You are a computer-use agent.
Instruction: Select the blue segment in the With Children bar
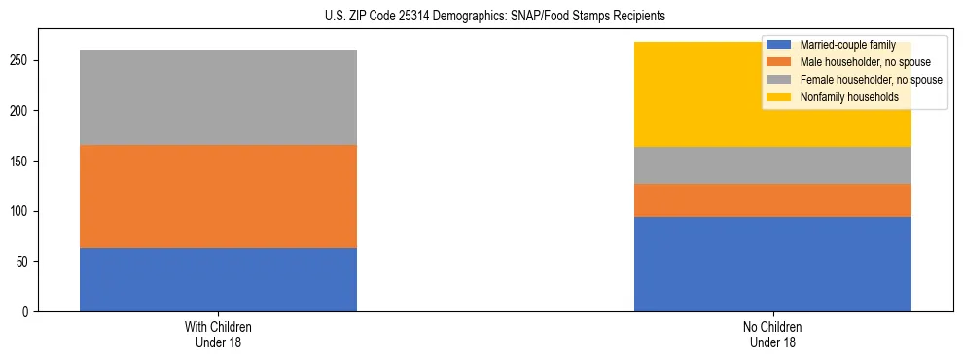(x=218, y=279)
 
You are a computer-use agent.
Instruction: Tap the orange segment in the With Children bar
(x=218, y=197)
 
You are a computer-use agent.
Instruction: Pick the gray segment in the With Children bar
(x=218, y=97)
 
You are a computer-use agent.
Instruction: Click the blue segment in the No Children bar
(x=772, y=264)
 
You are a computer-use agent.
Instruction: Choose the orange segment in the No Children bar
(x=772, y=200)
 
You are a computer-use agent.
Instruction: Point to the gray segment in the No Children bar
(x=772, y=165)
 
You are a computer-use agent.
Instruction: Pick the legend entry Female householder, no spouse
(x=870, y=80)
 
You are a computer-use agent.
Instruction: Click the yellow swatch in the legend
(x=779, y=97)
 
